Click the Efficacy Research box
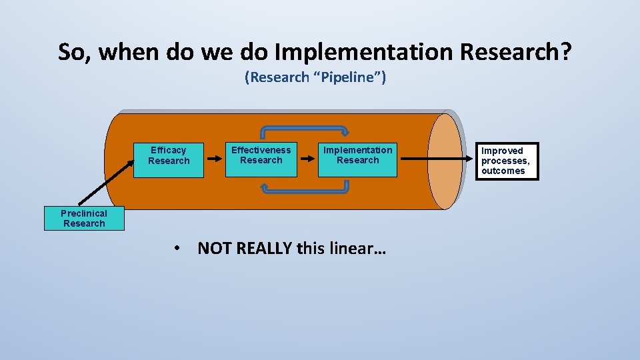[x=169, y=159]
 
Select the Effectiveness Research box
[x=261, y=159]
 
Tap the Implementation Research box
[x=357, y=159]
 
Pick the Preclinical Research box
[x=84, y=219]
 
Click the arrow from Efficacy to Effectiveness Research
[x=214, y=159]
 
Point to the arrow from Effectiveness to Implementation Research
[x=307, y=159]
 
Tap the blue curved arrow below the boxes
[x=304, y=191]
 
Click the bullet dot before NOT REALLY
[x=177, y=249]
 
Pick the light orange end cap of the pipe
[x=444, y=161]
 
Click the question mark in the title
[x=564, y=52]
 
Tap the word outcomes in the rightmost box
[x=503, y=171]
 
